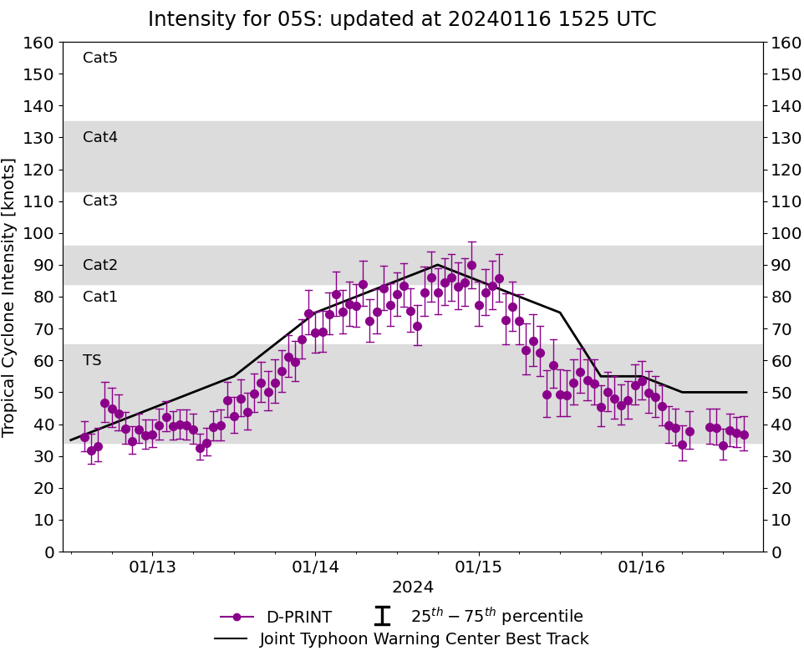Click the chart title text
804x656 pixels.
(402, 19)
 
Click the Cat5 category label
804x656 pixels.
(100, 58)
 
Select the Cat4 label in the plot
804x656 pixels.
(100, 137)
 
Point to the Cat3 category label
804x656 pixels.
(100, 201)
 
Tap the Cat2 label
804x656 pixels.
(100, 265)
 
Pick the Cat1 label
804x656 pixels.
(100, 297)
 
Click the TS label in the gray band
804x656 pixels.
(92, 360)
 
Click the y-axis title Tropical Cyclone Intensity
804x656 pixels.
(10, 297)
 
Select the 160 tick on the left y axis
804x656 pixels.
(39, 43)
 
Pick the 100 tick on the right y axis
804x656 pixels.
(786, 233)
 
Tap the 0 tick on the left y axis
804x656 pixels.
(48, 552)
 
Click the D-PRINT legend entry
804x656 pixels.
(298, 618)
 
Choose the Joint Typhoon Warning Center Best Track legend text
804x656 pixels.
(424, 639)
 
